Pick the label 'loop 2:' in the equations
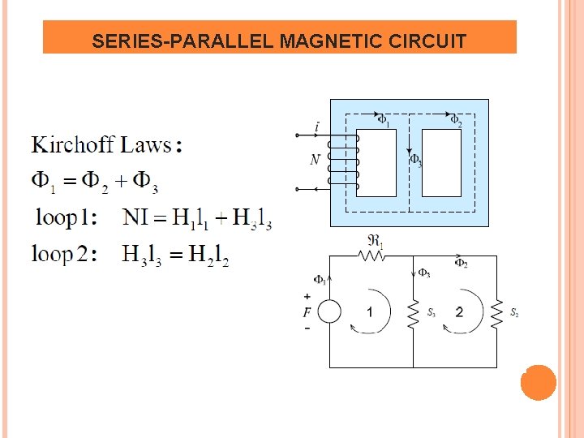(64, 255)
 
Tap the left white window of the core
(376, 162)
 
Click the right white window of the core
(442, 162)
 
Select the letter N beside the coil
(315, 161)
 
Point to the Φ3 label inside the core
(416, 161)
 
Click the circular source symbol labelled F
(329, 312)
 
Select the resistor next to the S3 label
(414, 312)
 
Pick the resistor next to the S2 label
(496, 312)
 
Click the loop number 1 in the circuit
(370, 312)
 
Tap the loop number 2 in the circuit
(459, 312)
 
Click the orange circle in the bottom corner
(538, 382)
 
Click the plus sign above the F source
(307, 297)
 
